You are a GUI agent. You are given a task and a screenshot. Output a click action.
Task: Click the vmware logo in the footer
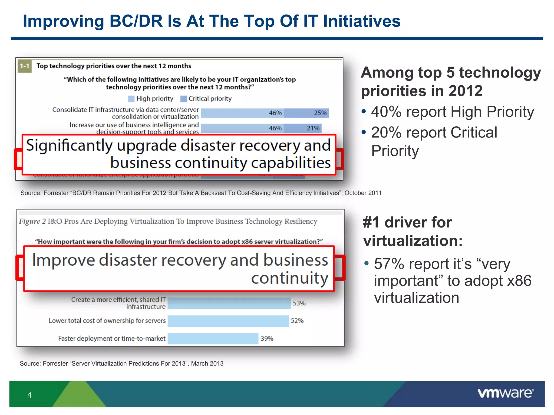pos(505,393)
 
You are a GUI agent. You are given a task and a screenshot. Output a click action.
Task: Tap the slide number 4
pos(29,395)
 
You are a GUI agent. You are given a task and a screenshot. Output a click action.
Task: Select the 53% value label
pos(299,303)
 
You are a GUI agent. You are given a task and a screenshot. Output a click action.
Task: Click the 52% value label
pos(297,321)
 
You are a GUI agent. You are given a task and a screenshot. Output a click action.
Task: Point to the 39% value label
pos(267,339)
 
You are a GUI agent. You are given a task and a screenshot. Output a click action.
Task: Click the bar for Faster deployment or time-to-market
pos(213,339)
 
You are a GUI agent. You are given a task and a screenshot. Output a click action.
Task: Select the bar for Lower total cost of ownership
pos(228,321)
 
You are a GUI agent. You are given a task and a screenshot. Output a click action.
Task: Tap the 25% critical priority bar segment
pos(306,113)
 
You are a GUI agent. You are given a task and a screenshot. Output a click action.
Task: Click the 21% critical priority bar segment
pos(302,128)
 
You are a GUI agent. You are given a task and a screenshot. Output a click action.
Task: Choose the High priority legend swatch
pos(131,99)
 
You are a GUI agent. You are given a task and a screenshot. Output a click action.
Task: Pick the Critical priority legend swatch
pos(183,99)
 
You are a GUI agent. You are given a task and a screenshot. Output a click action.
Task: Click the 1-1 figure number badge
pos(25,66)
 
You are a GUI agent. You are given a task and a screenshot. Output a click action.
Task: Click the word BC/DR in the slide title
pos(136,21)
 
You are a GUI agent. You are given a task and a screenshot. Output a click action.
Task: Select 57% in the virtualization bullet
pos(389,264)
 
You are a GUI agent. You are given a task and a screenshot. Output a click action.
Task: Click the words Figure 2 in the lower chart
pos(32,222)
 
